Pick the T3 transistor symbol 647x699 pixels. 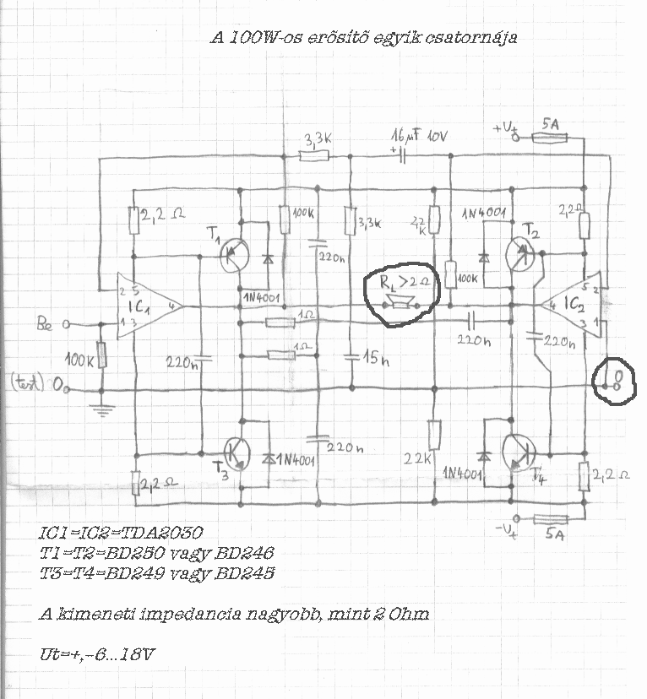pos(237,454)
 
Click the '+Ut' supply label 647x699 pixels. pos(504,127)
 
